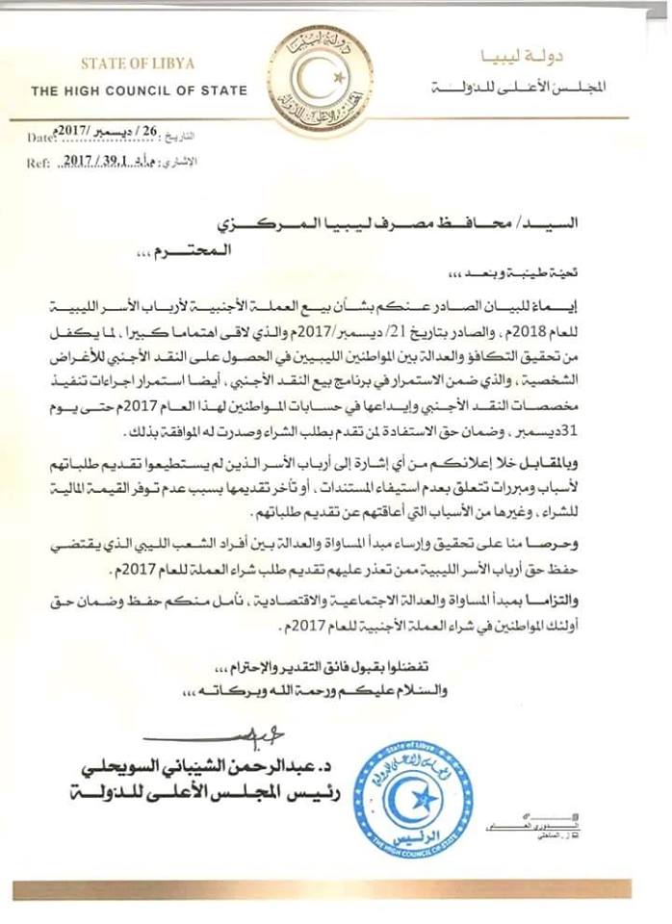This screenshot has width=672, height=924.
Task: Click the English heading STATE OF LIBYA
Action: [x=138, y=64]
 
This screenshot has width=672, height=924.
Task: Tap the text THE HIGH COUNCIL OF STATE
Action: [x=139, y=91]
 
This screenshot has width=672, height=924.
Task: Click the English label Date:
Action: [x=42, y=141]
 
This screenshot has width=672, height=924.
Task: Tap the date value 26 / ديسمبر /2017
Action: [x=115, y=139]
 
